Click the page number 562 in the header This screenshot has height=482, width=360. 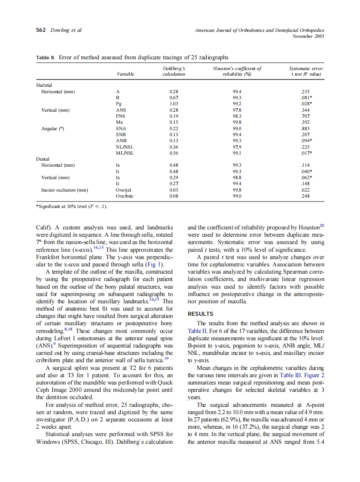pos(41,30)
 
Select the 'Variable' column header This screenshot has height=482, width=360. pos(125,74)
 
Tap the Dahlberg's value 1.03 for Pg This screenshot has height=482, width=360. pos(174,104)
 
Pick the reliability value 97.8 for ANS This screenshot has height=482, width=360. pos(237,110)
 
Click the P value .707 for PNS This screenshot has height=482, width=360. pos(306,116)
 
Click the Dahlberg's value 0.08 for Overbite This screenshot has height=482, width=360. pos(174,195)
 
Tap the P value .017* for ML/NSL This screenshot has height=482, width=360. pos(307,153)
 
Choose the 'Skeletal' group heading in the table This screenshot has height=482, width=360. pos(45,85)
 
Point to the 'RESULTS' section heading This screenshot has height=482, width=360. pos(201,314)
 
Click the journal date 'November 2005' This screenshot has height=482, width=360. pos(308,36)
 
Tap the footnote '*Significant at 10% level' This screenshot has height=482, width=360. pos(71,206)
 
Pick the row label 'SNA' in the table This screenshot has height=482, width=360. pos(121,128)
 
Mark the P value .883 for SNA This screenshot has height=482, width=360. pos(306,128)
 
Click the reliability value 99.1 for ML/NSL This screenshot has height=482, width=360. pos(237,153)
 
